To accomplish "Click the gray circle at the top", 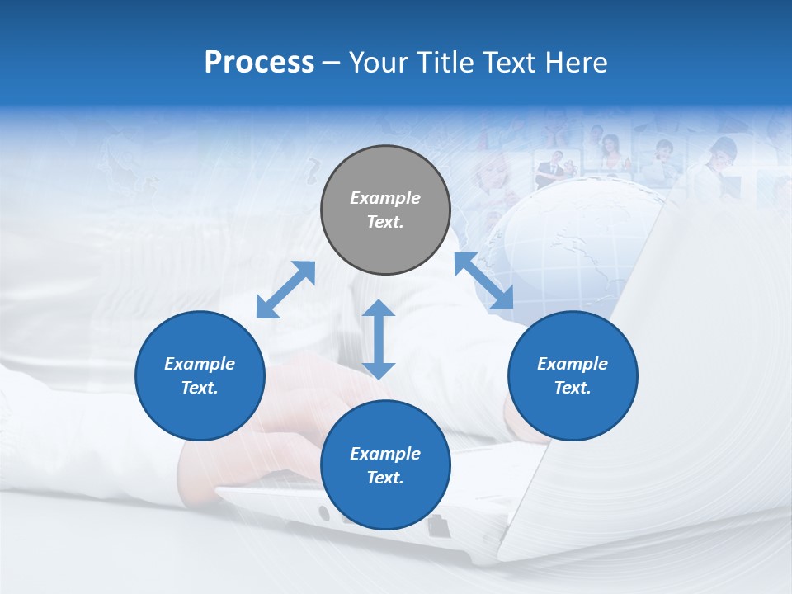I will [x=385, y=210].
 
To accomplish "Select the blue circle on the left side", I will [x=200, y=375].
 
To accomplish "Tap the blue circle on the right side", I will [x=573, y=375].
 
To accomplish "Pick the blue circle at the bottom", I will [x=385, y=465].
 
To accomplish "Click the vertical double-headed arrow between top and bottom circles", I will [x=379, y=339].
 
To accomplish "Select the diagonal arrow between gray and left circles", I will [x=285, y=290].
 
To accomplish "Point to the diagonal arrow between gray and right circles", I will [x=483, y=281].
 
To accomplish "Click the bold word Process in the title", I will [x=259, y=62].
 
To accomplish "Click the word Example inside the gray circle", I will [x=385, y=198].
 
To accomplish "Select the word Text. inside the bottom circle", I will [x=385, y=478].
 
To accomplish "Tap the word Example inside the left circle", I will [x=200, y=364].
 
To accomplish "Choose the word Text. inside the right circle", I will [x=573, y=388].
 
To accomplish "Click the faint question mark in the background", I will [x=312, y=171].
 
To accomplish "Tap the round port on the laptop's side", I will [x=323, y=513].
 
